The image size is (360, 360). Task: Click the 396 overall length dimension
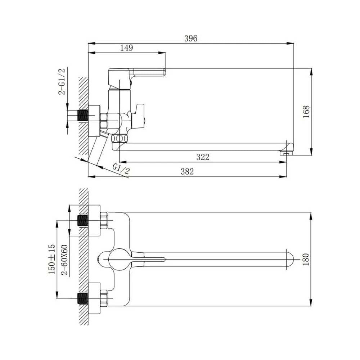(190, 39)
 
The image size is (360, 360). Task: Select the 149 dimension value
(126, 48)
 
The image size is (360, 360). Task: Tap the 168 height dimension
(306, 112)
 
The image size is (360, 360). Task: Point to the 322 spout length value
(203, 157)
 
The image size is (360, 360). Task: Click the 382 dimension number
(187, 171)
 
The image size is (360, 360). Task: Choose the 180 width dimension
(306, 260)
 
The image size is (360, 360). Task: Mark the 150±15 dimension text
(51, 259)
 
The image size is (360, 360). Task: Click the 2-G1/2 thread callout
(62, 81)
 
